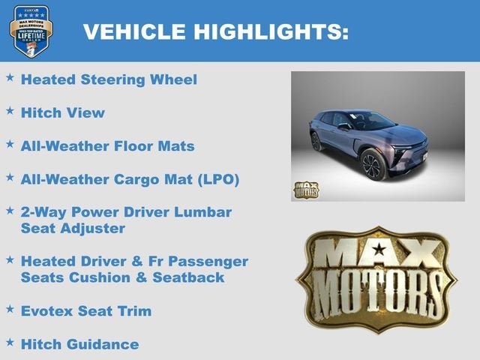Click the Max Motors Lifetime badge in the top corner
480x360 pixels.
31,31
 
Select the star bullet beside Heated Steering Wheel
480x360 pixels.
10,77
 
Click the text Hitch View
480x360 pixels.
63,113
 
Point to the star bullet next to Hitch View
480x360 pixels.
10,111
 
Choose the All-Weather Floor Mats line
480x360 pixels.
108,146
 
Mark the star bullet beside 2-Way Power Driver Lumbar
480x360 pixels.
10,210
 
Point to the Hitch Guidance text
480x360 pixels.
79,344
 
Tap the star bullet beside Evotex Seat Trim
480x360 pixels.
10,308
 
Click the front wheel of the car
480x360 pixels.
373,163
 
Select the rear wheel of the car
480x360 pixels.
316,141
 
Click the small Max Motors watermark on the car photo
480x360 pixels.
305,190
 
